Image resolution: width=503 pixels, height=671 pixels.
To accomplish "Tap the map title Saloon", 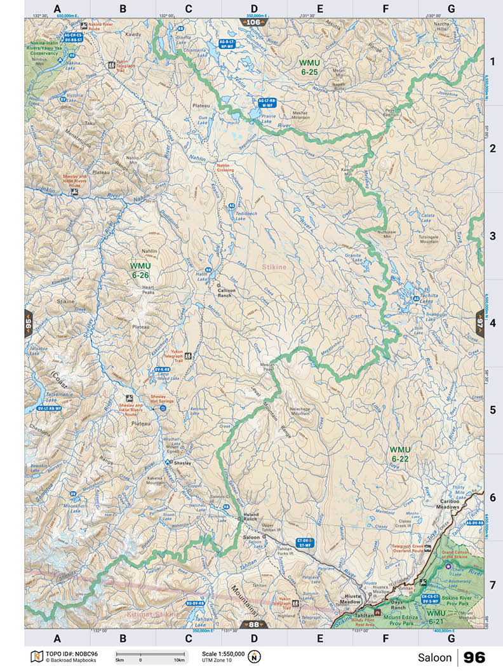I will [434, 658].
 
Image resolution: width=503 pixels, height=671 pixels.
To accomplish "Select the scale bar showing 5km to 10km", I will [151, 655].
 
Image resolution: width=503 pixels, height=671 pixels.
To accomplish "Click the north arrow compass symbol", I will [255, 656].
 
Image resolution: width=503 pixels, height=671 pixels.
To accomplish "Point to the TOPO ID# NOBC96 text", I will [64, 653].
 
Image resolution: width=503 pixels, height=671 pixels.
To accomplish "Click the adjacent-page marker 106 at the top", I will [253, 22].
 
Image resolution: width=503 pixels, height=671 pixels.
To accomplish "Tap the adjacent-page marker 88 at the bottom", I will [253, 624].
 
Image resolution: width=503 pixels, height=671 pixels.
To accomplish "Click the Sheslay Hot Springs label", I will [162, 398].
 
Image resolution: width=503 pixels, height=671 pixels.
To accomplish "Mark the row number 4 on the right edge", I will [492, 323].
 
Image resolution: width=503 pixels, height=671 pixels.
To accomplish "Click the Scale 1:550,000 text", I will [222, 653].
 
